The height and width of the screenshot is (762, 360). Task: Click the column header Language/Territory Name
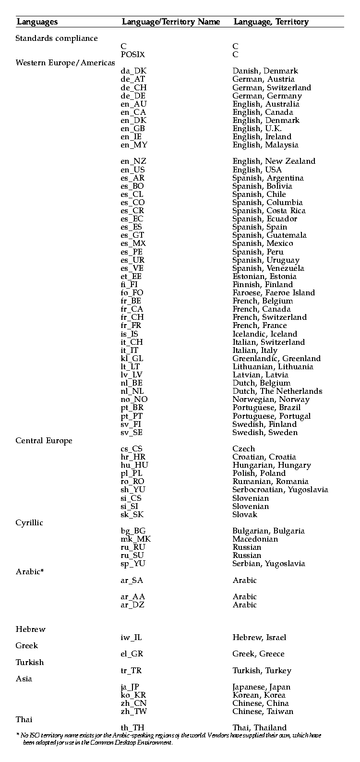[170, 22]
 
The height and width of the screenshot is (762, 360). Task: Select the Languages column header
[37, 22]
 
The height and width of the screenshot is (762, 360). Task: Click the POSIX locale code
[132, 55]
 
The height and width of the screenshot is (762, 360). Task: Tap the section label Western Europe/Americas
[65, 63]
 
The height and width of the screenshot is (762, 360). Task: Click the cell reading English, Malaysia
[265, 145]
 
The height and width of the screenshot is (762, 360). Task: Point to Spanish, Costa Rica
[269, 211]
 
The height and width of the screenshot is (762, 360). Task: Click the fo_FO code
[132, 293]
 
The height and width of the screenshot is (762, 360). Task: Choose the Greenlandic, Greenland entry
[276, 359]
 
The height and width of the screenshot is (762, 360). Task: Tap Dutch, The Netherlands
[277, 391]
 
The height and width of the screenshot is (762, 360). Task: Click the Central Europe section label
[44, 441]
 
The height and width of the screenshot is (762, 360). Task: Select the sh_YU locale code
[133, 490]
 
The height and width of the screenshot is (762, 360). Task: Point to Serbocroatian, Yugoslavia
[280, 490]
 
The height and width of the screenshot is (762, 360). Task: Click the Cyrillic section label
[29, 523]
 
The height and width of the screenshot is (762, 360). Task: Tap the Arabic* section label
[30, 572]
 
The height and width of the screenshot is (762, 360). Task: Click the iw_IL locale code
[131, 638]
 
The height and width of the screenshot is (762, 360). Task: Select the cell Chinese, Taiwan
[263, 712]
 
